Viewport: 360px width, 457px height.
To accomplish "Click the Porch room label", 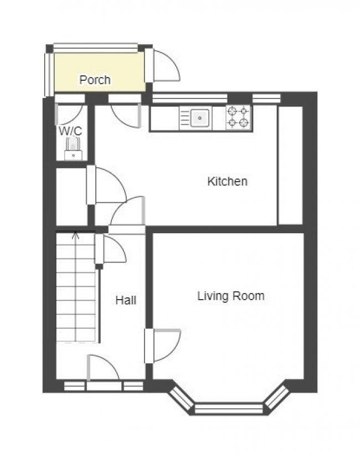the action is click(x=95, y=80).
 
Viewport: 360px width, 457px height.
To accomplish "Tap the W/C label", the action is click(x=70, y=131).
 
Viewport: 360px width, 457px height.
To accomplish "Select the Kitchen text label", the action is click(x=228, y=181).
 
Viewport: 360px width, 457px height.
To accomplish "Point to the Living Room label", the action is click(x=231, y=296).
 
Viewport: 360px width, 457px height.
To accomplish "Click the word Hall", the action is click(x=126, y=300).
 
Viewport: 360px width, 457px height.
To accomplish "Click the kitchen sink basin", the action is click(x=200, y=118).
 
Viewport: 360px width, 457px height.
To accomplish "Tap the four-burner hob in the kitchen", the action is click(x=238, y=117).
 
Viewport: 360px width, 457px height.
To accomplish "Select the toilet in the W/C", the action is click(x=73, y=148).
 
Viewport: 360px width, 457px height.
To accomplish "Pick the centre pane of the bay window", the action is click(x=229, y=408).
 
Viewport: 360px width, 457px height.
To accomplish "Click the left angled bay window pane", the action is click(x=181, y=398).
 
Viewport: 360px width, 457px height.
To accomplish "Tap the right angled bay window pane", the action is click(x=277, y=397).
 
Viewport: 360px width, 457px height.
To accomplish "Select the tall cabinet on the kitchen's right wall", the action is click(x=291, y=165).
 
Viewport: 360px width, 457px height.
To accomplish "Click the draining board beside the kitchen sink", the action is click(x=185, y=118).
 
